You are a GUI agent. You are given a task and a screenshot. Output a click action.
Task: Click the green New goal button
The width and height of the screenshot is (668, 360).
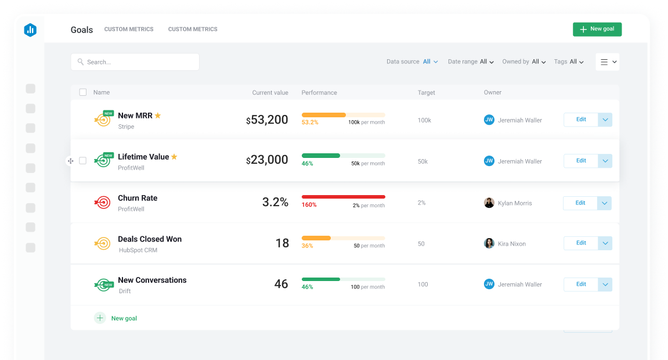coord(597,29)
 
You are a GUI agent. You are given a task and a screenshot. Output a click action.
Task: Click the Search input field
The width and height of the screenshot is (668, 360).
coord(135,62)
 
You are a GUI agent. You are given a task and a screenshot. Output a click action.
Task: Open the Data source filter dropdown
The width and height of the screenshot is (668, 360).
coord(430,62)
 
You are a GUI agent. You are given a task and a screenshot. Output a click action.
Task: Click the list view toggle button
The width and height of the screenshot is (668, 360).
coord(607,62)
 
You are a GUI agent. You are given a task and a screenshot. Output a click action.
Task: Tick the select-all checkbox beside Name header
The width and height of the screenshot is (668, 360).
coord(83,92)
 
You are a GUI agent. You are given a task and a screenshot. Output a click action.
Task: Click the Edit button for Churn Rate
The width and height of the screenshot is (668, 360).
coord(580,203)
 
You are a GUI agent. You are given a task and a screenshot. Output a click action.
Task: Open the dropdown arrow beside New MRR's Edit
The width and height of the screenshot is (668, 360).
coord(605,120)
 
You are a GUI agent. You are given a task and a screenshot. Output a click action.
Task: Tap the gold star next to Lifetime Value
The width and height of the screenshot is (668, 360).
coord(174,157)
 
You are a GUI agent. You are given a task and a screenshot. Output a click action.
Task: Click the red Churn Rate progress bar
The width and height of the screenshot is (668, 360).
coord(343,197)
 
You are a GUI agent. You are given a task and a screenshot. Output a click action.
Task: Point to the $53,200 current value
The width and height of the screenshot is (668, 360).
coord(267,120)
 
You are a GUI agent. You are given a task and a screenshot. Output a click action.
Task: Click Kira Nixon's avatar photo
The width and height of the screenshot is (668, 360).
coord(489,243)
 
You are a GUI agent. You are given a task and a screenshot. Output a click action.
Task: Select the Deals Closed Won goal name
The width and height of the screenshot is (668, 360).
coord(150,239)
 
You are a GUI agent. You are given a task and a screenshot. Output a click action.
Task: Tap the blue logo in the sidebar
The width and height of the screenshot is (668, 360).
coord(30,30)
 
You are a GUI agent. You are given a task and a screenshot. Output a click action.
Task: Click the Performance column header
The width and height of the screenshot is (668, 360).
coord(319,92)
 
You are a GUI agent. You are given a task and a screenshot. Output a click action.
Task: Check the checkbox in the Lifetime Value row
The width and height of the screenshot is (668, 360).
coord(82,161)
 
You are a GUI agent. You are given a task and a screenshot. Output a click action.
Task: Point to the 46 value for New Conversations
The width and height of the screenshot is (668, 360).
coord(281,284)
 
